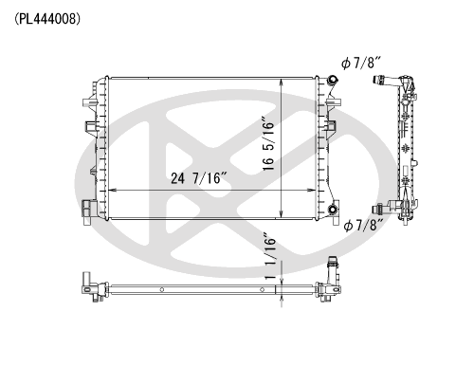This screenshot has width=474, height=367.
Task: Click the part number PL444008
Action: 47,20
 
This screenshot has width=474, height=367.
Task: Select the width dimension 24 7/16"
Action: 199,178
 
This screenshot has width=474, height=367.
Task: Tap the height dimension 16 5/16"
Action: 268,145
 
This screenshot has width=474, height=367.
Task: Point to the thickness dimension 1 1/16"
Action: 270,257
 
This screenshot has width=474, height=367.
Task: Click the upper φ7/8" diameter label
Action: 362,63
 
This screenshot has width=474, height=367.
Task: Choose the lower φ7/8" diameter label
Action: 363,225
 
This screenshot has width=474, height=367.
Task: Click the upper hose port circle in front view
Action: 333,80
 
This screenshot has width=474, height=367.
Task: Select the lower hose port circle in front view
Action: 333,209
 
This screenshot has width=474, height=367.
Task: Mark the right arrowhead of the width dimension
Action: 312,191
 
